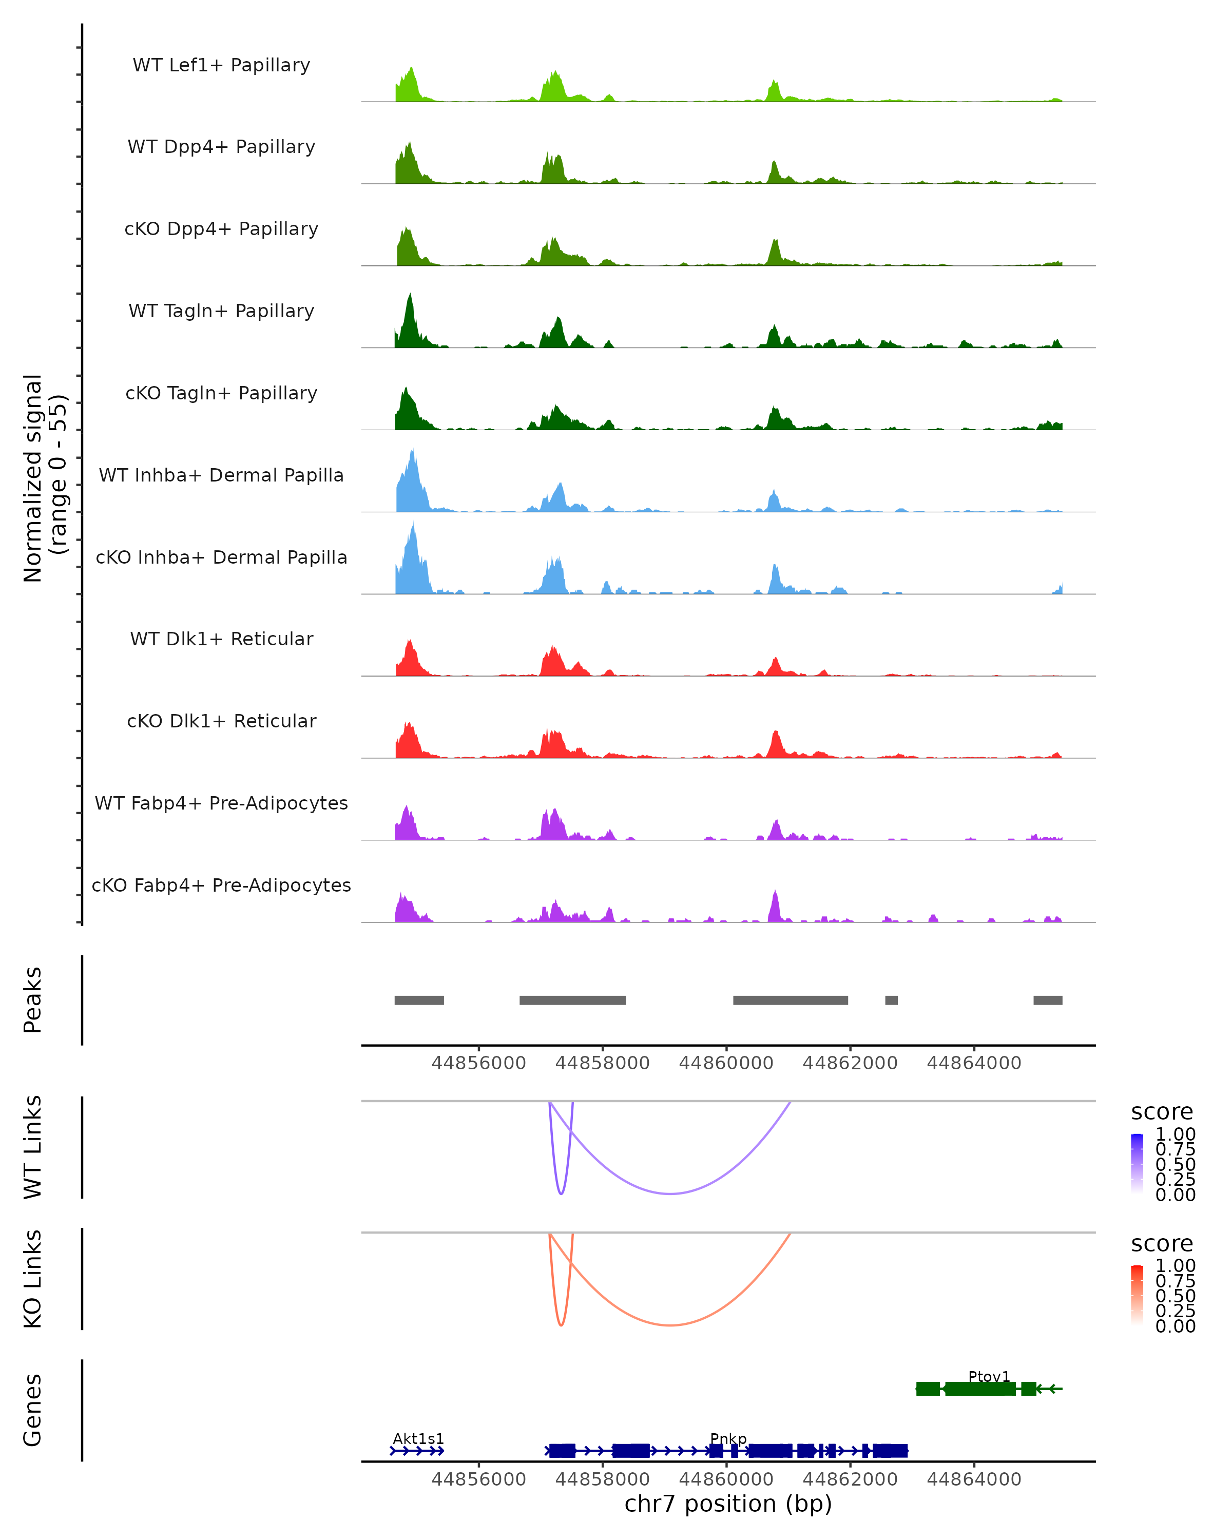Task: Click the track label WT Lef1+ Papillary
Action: (x=221, y=65)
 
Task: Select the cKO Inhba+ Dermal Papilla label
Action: (x=221, y=557)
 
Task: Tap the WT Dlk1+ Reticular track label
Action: (x=221, y=639)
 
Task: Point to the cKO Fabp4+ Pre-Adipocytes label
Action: (x=221, y=885)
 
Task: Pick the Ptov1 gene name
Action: (x=989, y=1376)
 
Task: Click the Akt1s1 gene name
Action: (x=418, y=1438)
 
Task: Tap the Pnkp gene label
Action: (x=728, y=1438)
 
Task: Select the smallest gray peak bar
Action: (x=891, y=1000)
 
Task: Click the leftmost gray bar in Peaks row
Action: (x=419, y=1000)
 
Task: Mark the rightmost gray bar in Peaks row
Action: (x=1048, y=1000)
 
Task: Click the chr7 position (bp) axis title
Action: (x=728, y=1504)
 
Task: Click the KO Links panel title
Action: (x=33, y=1279)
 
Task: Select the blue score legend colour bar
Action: (x=1137, y=1164)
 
